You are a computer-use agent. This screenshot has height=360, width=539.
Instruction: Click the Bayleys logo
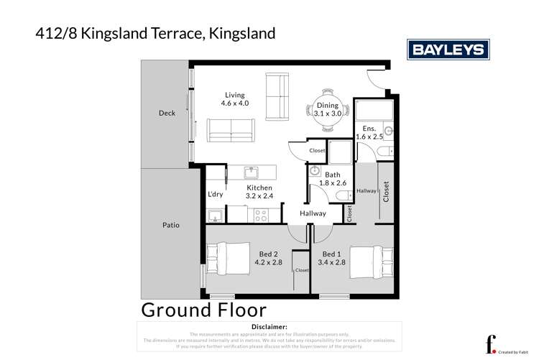click(x=448, y=50)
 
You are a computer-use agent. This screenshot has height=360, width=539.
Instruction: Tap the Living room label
click(x=234, y=95)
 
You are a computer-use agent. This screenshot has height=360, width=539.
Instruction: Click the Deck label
click(x=167, y=113)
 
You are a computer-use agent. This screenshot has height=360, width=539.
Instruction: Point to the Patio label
click(x=170, y=225)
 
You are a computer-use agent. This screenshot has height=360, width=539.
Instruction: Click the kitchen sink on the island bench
click(x=251, y=172)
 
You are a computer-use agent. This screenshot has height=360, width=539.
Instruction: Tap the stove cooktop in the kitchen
click(x=260, y=213)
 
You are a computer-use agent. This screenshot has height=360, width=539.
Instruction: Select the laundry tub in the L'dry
click(x=213, y=216)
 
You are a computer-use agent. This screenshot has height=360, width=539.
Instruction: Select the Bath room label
click(x=332, y=174)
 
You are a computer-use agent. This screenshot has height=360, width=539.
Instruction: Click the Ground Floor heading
click(x=203, y=310)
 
